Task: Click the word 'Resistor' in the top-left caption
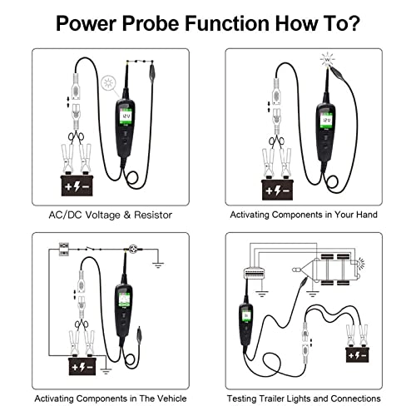(x=149, y=215)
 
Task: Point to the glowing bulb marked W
(x=326, y=61)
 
